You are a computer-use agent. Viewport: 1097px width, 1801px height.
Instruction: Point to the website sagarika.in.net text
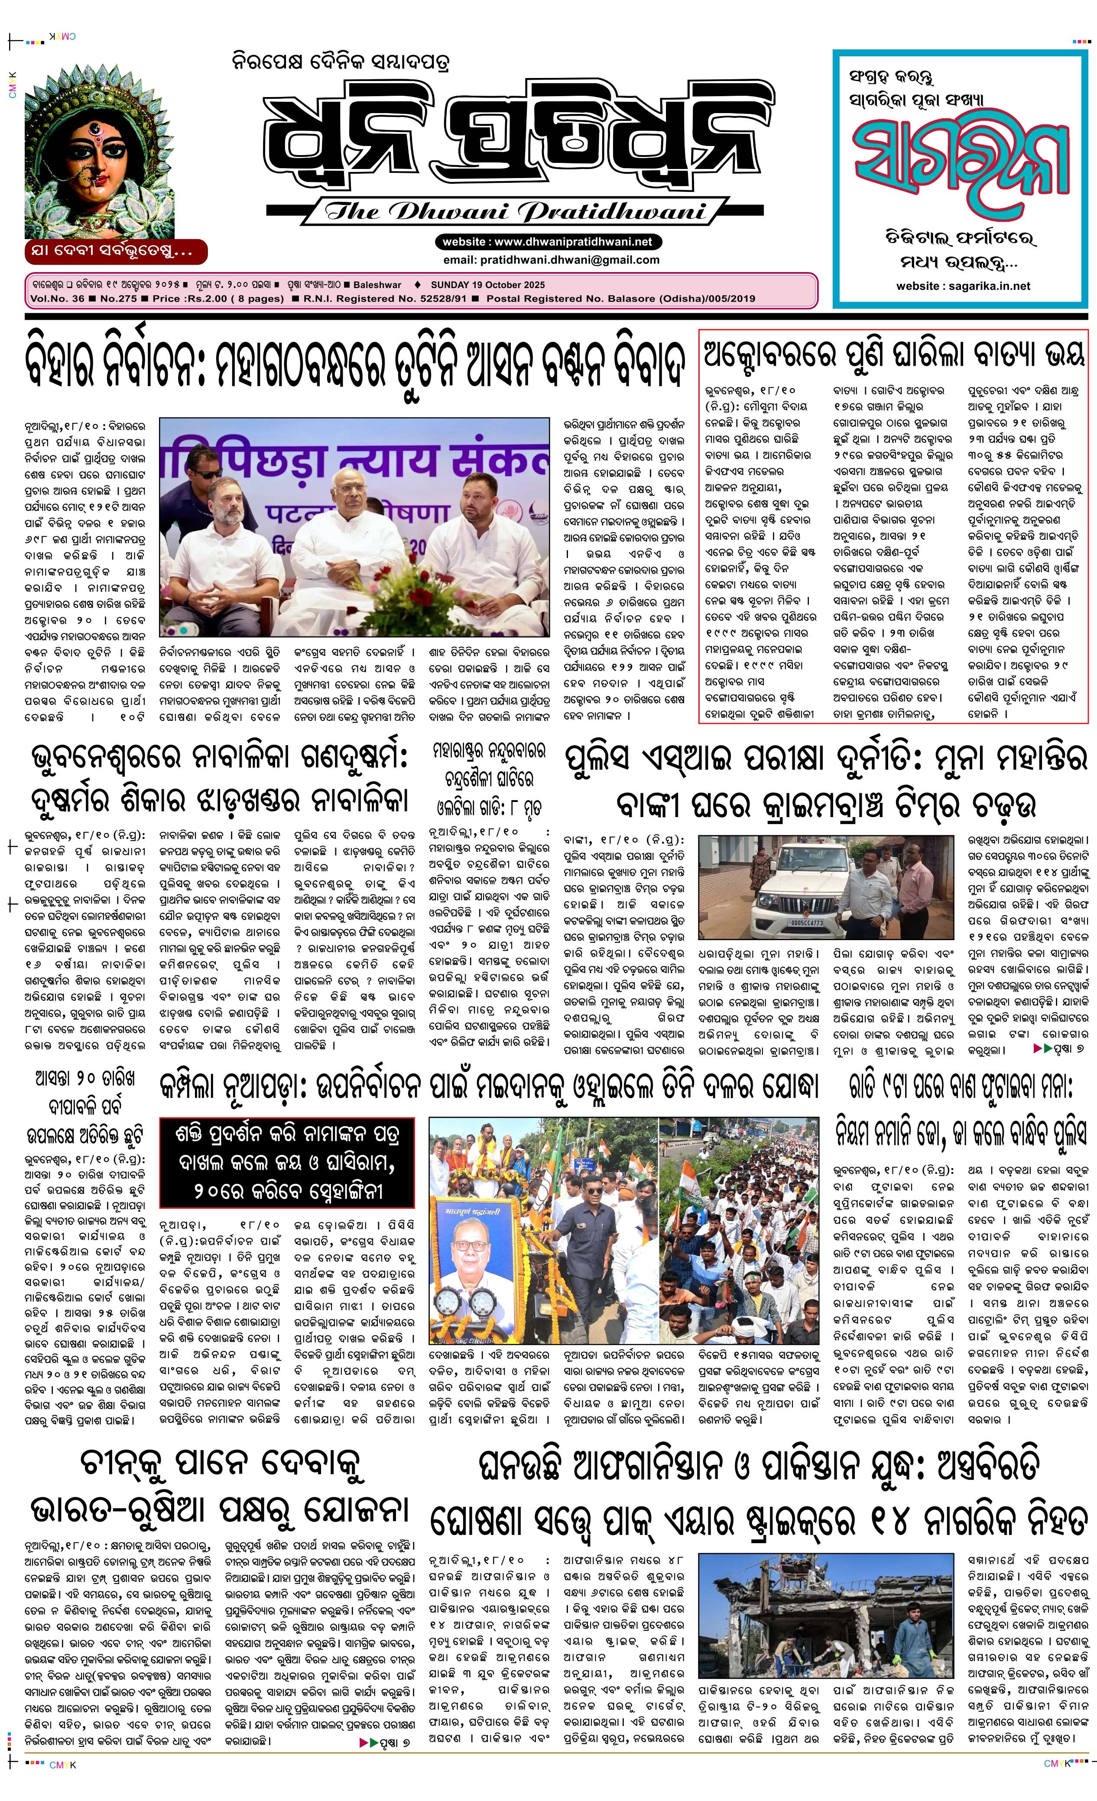(963, 286)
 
